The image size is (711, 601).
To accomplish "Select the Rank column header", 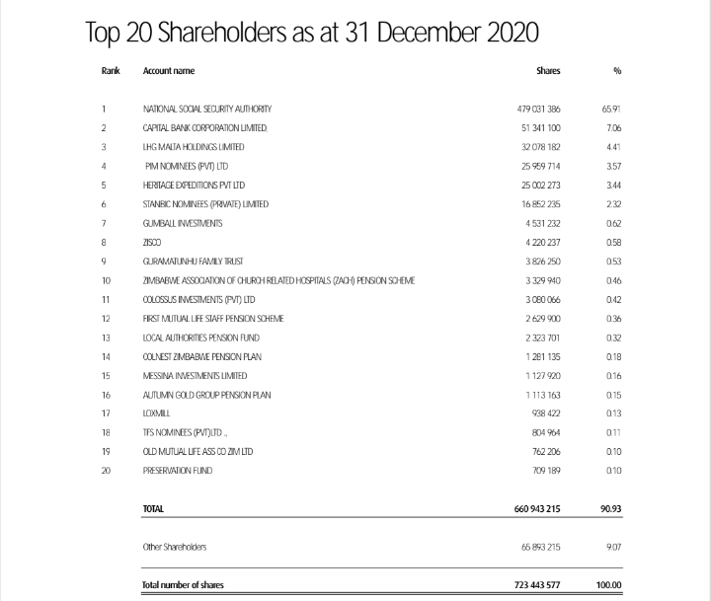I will (x=110, y=71).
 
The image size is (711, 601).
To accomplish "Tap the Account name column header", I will (x=169, y=71).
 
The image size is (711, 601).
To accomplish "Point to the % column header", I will (x=616, y=71).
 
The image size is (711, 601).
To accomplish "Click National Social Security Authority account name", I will (x=207, y=109).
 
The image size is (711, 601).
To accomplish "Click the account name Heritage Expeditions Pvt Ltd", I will (x=195, y=185).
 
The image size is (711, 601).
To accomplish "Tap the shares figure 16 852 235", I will (x=540, y=204).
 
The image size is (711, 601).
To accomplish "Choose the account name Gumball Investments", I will (x=183, y=223).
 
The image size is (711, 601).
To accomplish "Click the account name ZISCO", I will (x=153, y=242).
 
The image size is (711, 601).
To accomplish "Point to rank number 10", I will (x=106, y=280).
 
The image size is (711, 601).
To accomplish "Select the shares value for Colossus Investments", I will (x=542, y=299).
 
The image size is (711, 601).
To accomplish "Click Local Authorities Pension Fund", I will (x=195, y=338).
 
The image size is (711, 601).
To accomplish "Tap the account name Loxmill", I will (x=158, y=413).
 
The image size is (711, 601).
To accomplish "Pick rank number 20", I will (x=106, y=471).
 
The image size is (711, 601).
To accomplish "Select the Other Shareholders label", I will (x=176, y=546).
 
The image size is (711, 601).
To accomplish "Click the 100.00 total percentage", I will (x=609, y=585).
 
